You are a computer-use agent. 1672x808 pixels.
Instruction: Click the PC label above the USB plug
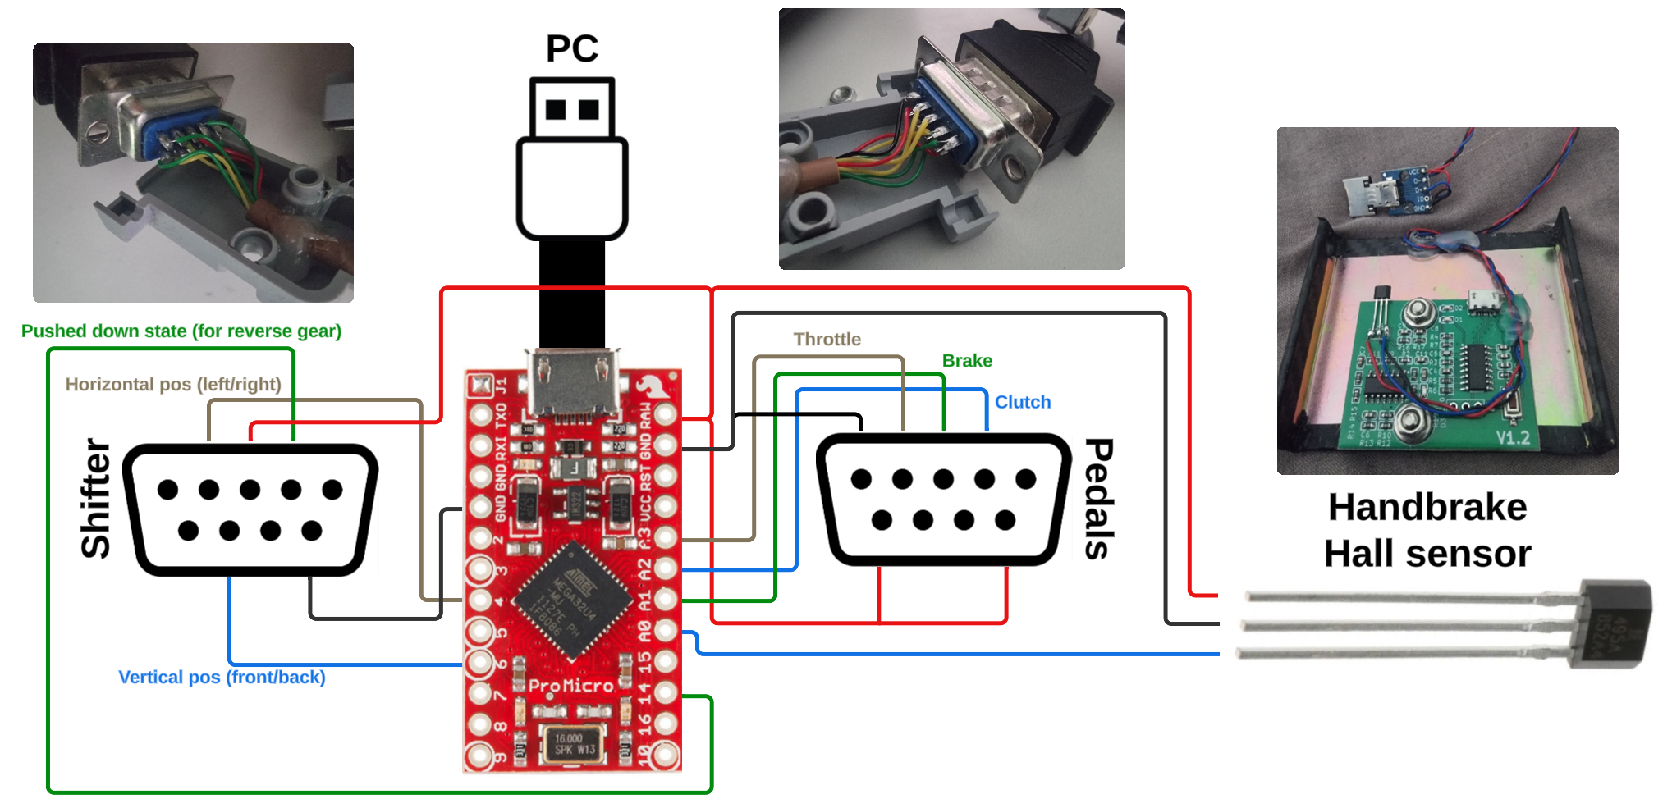572,49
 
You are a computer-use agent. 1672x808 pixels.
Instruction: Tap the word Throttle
827,340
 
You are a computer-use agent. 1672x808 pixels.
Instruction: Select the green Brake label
967,361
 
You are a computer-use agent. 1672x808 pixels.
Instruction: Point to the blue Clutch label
1023,403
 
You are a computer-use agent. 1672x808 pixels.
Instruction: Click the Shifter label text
96,498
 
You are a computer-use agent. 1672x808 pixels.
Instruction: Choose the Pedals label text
1099,499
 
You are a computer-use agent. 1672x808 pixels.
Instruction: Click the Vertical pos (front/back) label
222,678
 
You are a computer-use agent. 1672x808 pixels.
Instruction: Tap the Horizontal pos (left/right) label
173,385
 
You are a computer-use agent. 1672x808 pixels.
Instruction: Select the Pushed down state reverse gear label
181,331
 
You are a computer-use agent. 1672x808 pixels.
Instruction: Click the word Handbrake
1427,507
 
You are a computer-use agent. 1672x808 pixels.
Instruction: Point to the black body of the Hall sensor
1614,623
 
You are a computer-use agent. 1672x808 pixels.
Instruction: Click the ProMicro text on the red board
571,686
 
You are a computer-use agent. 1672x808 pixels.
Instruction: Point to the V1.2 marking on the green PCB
1512,437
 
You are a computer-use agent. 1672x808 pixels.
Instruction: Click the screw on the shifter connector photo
98,130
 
